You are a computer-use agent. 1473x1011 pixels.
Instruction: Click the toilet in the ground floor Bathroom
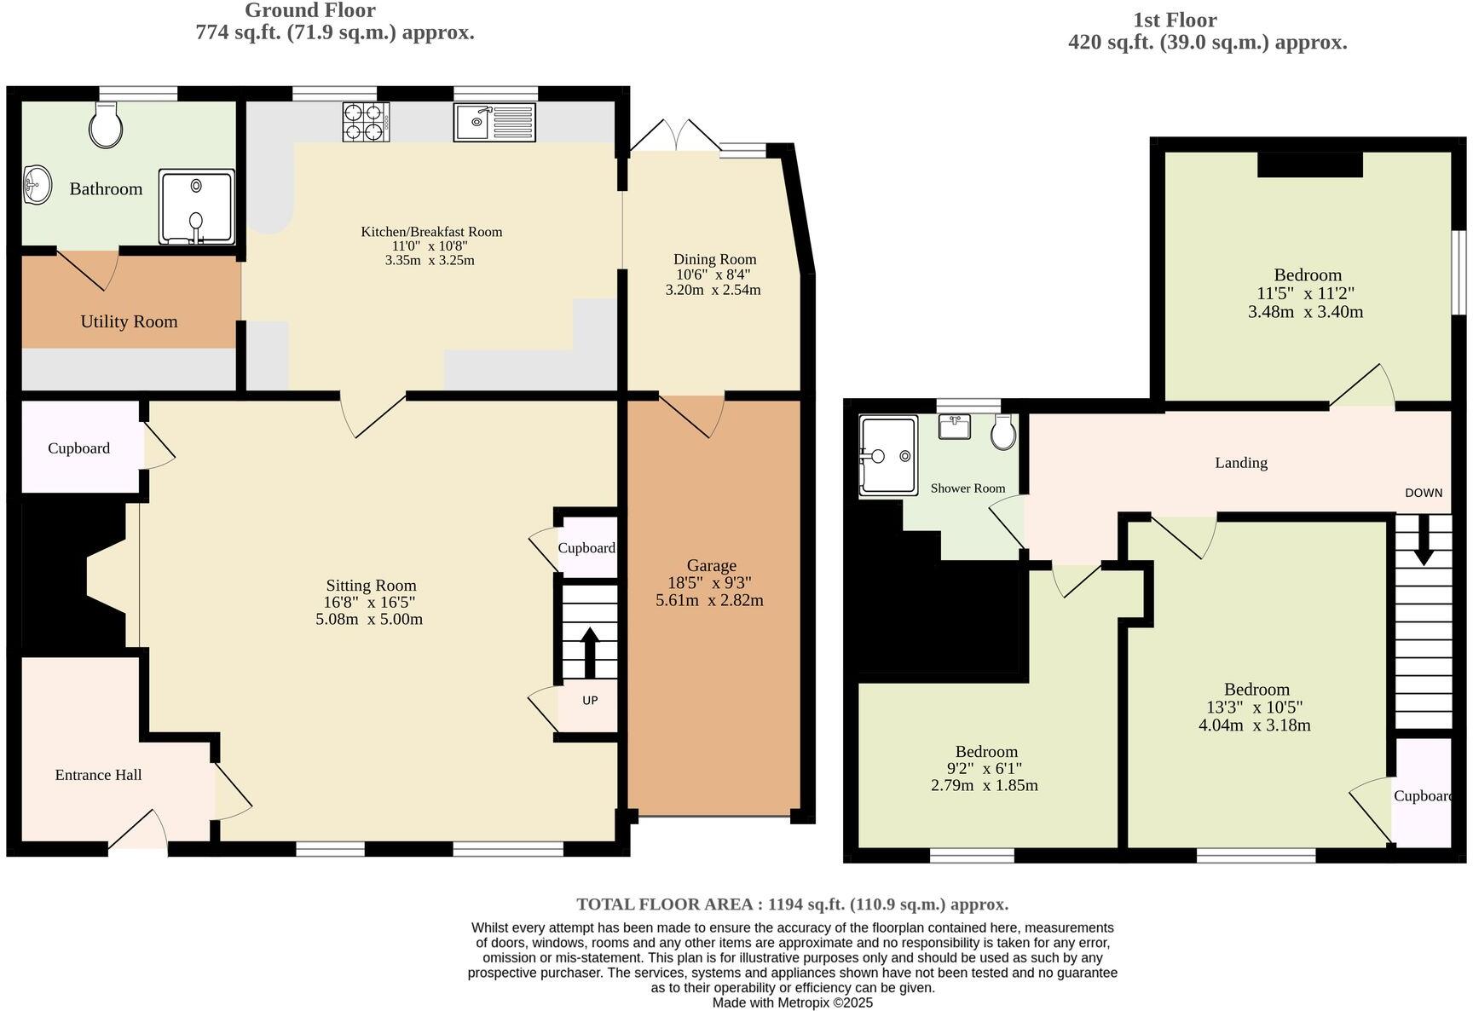107,126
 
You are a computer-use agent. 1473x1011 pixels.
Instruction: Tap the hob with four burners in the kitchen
366,121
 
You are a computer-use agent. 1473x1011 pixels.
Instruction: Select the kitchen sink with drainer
494,121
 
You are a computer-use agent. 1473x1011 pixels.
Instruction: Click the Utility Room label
129,321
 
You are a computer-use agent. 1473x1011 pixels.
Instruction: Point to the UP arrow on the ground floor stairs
589,654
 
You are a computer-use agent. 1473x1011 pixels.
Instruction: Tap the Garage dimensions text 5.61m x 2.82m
709,600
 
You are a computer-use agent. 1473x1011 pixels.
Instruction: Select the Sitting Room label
371,586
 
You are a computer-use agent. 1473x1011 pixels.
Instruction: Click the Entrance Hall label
98,775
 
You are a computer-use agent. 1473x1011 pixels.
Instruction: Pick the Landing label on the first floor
1240,463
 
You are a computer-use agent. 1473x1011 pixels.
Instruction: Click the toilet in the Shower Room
1003,432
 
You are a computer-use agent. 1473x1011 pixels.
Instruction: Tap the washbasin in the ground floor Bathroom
37,185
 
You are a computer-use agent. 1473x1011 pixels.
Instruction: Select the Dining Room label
714,259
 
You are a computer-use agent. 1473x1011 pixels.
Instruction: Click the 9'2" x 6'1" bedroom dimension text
986,768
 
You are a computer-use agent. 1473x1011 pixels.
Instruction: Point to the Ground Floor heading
309,11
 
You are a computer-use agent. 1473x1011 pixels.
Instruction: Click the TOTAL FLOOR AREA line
792,904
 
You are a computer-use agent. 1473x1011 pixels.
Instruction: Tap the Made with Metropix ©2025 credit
792,1003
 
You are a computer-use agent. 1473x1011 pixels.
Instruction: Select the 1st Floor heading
1174,20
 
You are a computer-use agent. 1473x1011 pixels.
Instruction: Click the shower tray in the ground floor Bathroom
197,207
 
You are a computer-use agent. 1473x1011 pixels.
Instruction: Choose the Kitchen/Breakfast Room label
431,232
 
